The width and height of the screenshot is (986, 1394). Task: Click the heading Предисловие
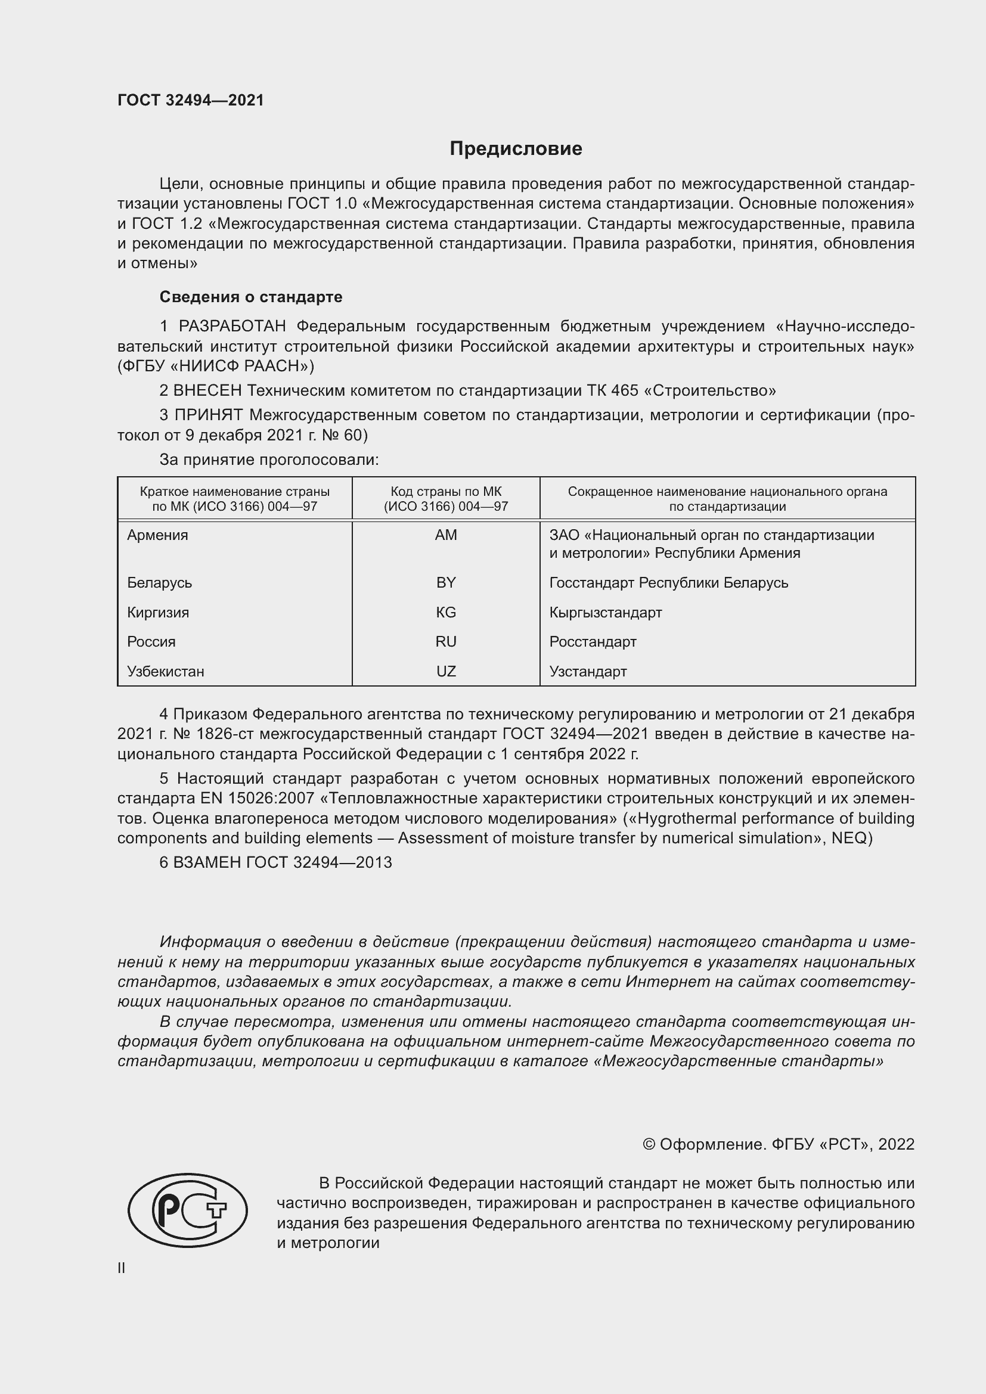point(516,149)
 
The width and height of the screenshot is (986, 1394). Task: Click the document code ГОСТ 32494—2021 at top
point(191,100)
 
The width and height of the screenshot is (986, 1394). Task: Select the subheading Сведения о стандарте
point(251,297)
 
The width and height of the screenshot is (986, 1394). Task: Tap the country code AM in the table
point(446,535)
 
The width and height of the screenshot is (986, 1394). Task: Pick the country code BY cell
point(446,582)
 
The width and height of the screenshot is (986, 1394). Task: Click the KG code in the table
point(446,612)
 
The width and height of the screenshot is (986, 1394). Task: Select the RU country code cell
point(446,641)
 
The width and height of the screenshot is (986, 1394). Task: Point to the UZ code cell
point(446,671)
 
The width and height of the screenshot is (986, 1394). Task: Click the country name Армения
point(158,535)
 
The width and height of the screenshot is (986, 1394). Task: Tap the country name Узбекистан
point(165,671)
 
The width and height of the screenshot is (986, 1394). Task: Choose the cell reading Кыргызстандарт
point(605,612)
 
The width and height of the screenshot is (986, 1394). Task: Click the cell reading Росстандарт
point(593,641)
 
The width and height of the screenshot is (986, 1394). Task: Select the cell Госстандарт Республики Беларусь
point(668,582)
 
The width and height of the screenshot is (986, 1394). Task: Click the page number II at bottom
point(122,1268)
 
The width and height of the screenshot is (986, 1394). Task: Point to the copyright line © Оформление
point(778,1144)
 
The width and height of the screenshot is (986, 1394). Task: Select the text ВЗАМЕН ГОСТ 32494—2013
point(283,862)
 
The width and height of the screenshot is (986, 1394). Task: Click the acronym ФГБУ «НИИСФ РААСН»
point(216,366)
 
